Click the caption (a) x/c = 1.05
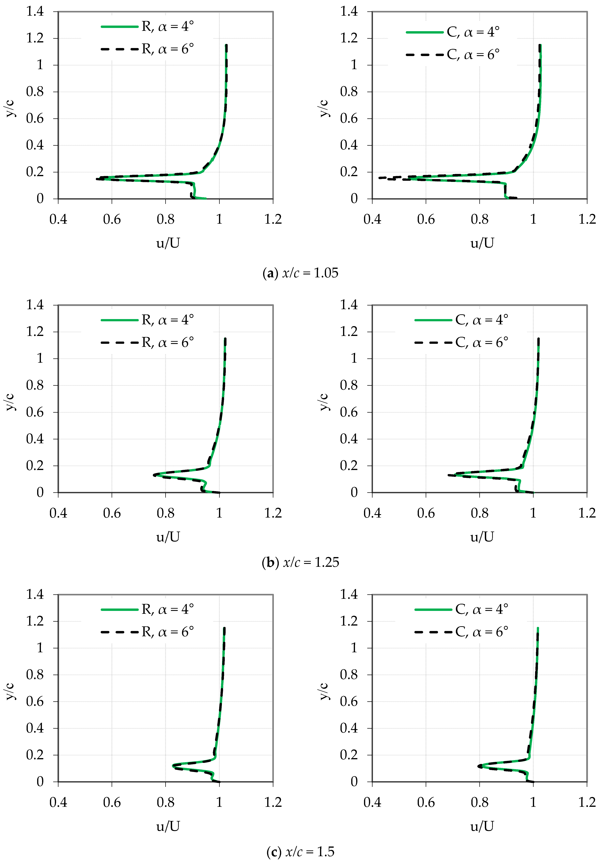tap(300, 273)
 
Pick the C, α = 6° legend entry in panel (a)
tap(453, 55)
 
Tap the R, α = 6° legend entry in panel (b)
tap(148, 342)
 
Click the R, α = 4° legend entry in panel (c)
tap(148, 609)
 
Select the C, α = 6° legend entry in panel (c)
tap(462, 632)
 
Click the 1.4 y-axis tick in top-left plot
tap(35, 12)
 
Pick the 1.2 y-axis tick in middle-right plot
tap(349, 332)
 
